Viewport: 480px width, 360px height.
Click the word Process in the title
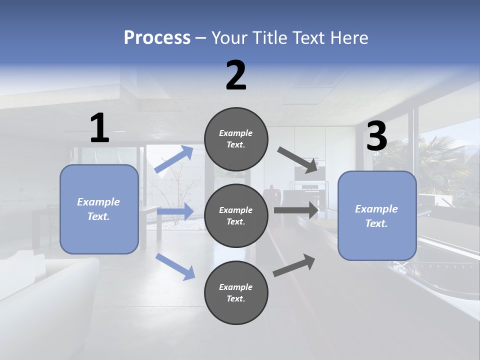[x=157, y=38]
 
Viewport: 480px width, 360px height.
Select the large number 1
[x=99, y=128]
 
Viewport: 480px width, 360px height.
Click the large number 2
[x=236, y=75]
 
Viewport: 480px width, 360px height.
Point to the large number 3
[x=376, y=136]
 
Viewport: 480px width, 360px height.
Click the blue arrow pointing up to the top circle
[x=174, y=159]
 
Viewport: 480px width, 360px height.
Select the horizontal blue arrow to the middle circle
[x=175, y=211]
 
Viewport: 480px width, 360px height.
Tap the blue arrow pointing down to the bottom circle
[x=175, y=266]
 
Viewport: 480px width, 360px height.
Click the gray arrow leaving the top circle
[x=298, y=159]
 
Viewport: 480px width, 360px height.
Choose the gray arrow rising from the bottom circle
[x=294, y=265]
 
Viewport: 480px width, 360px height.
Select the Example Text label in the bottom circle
[x=236, y=293]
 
